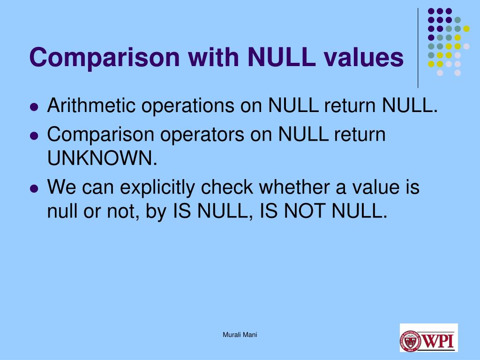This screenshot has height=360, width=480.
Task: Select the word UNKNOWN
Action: [x=102, y=159]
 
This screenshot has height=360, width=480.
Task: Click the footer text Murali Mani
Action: [x=240, y=335]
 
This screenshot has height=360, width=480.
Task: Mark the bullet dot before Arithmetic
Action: [x=33, y=107]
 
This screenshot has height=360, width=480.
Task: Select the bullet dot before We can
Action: [x=33, y=189]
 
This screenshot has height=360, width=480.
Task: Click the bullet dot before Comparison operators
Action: [x=33, y=136]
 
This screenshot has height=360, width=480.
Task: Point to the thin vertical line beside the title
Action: [x=418, y=47]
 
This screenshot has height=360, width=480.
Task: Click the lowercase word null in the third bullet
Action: [x=61, y=212]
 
